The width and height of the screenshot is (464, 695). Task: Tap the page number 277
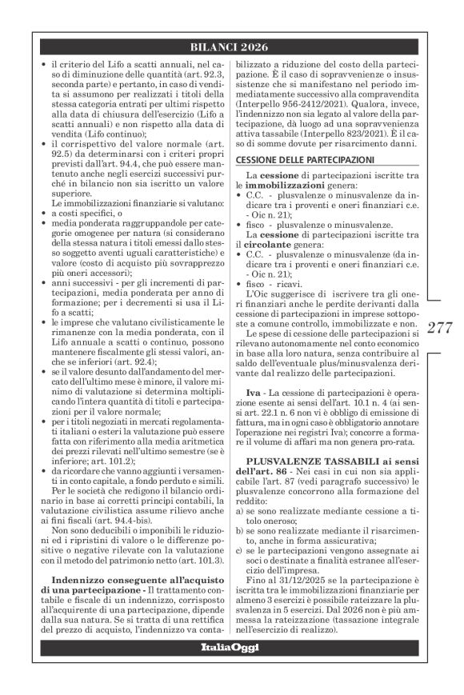click(x=440, y=326)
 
